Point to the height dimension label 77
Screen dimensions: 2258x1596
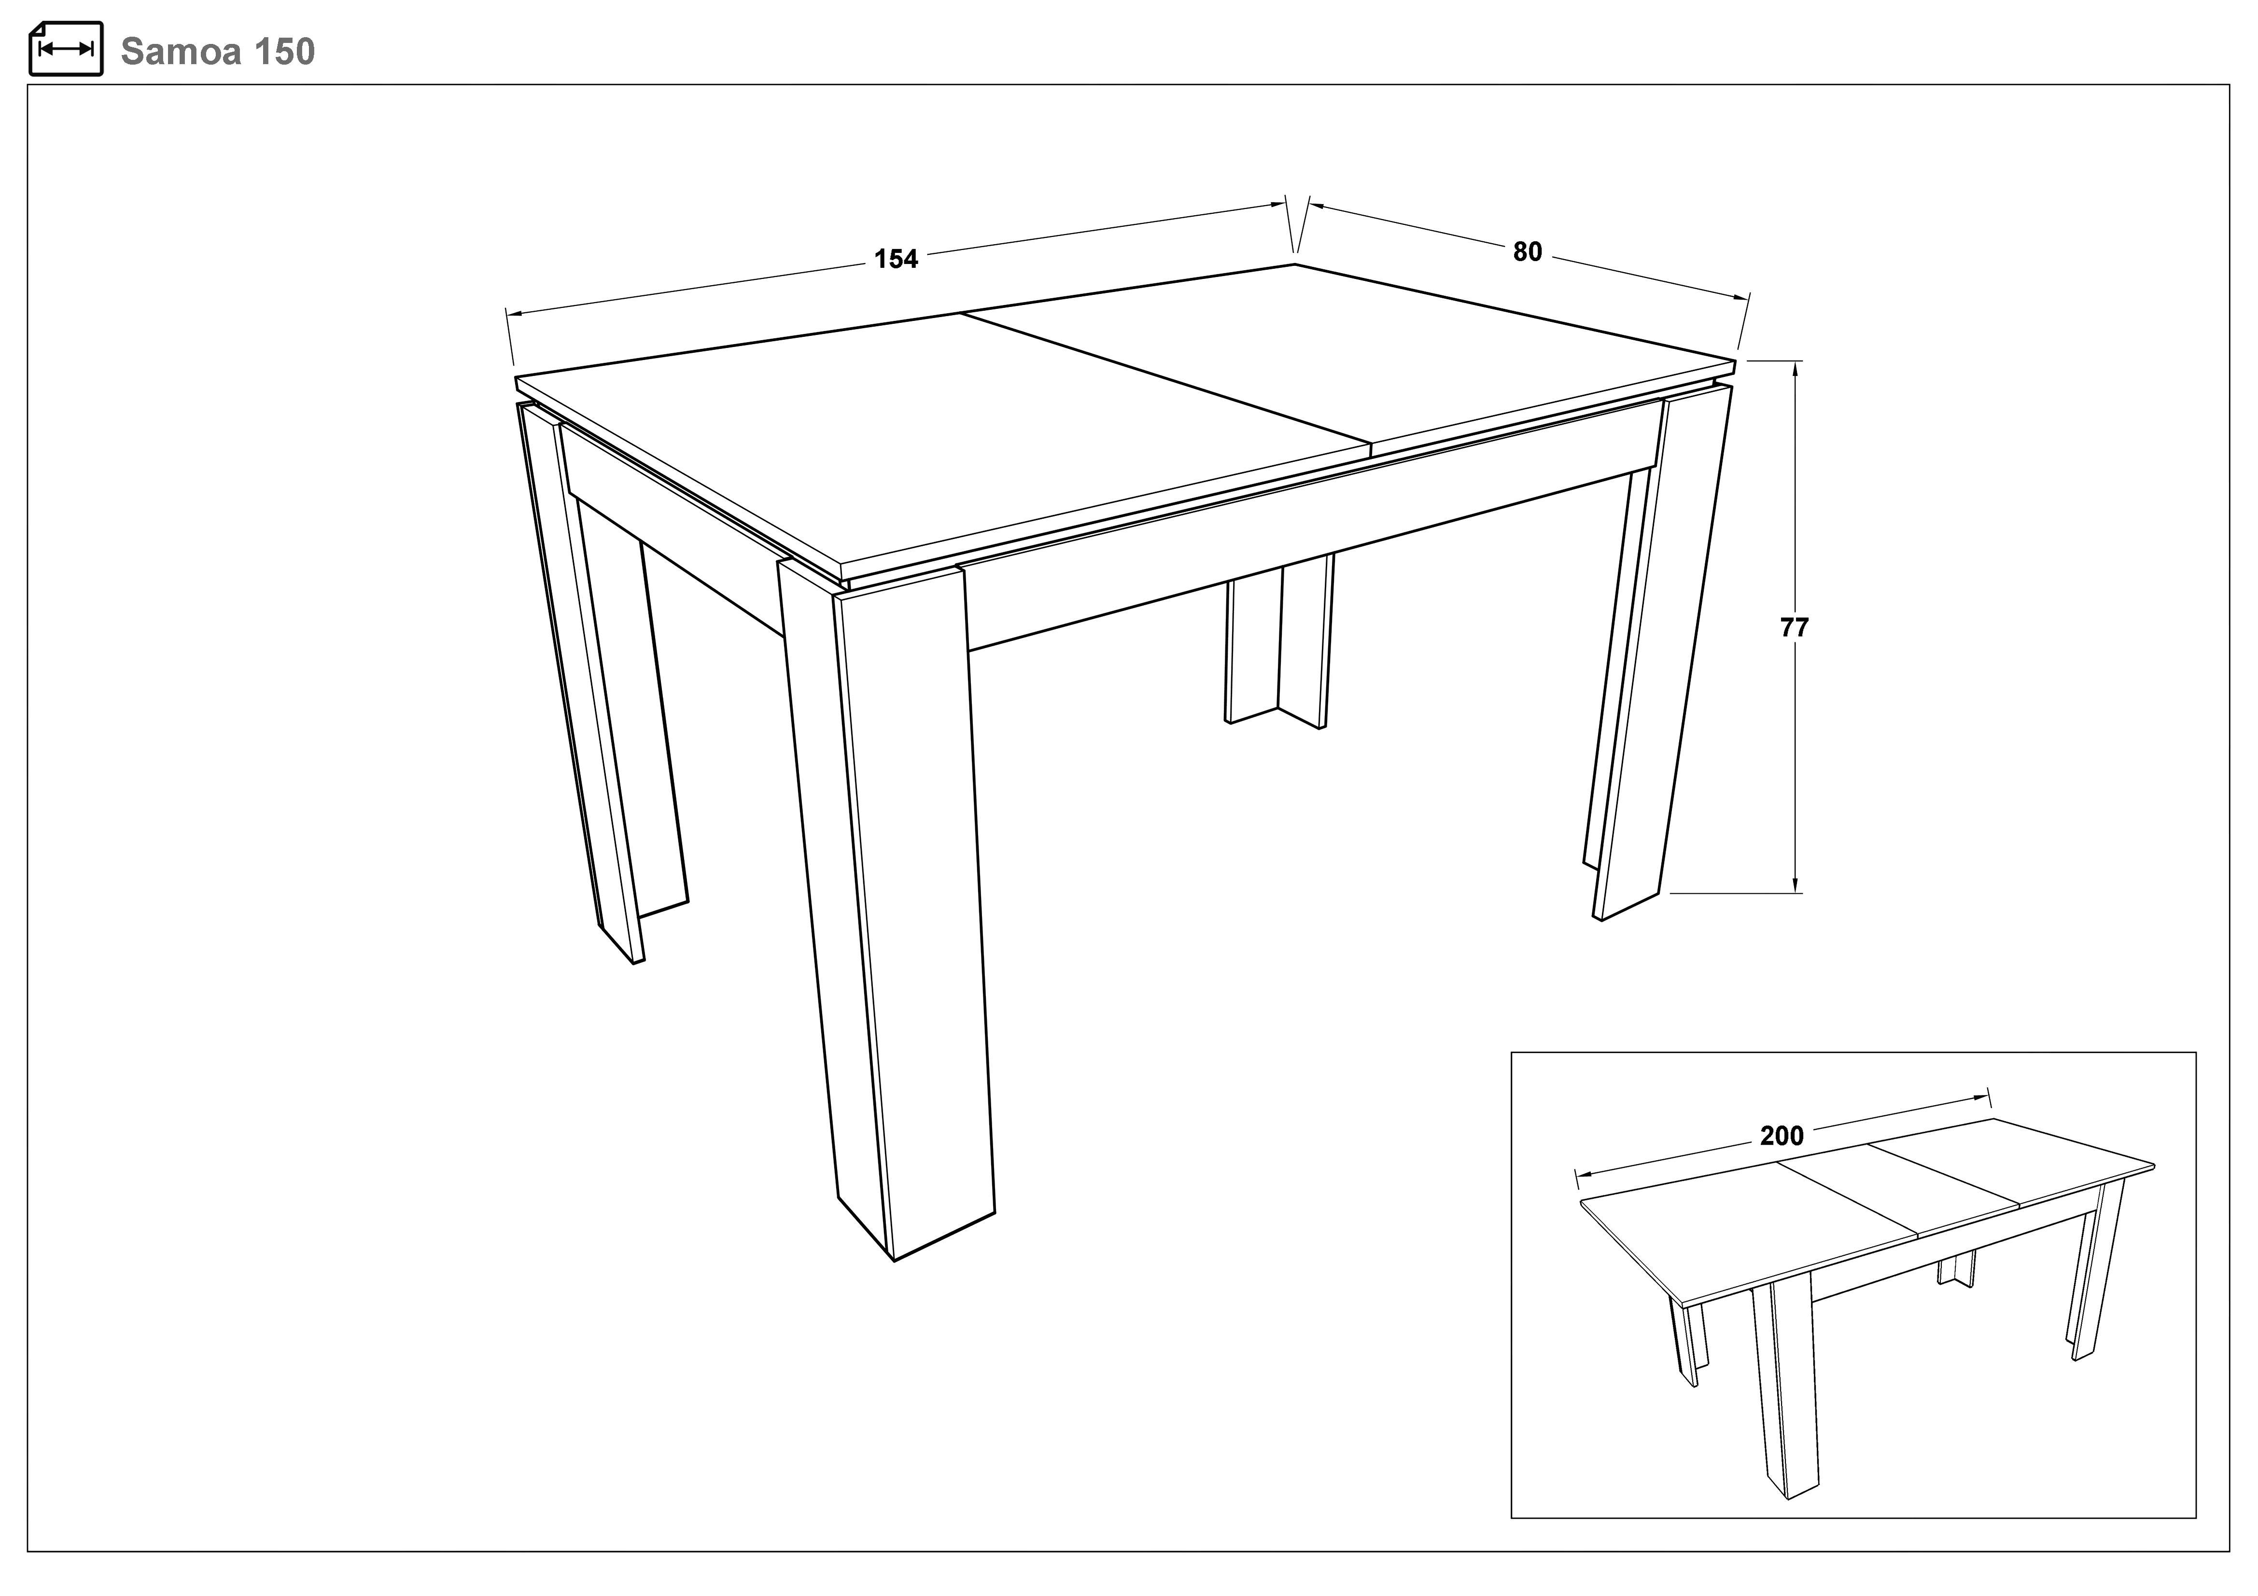click(1795, 627)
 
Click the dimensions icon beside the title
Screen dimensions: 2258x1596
click(66, 48)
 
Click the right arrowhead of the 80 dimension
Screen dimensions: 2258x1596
click(1741, 297)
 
